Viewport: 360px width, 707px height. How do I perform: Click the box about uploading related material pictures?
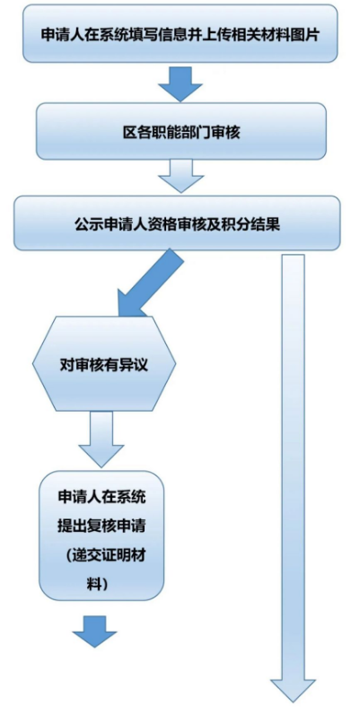(180, 33)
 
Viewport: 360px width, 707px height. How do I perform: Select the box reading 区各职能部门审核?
(181, 131)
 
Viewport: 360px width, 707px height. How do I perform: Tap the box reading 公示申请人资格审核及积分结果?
(177, 223)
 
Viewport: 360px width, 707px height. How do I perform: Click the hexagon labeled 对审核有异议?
(104, 364)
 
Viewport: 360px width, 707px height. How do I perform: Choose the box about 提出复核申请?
(101, 536)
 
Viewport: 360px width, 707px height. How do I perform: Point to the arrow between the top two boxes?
(180, 83)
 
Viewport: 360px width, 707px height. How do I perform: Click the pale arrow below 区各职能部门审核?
(180, 176)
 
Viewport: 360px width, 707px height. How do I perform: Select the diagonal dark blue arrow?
(149, 284)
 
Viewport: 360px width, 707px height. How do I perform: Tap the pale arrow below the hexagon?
(101, 439)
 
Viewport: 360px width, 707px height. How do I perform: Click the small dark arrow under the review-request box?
(95, 632)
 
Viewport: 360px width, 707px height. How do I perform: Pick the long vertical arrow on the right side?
(294, 478)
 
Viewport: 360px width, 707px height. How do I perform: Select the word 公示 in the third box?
(86, 224)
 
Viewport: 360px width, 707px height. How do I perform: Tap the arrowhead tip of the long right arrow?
(294, 703)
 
